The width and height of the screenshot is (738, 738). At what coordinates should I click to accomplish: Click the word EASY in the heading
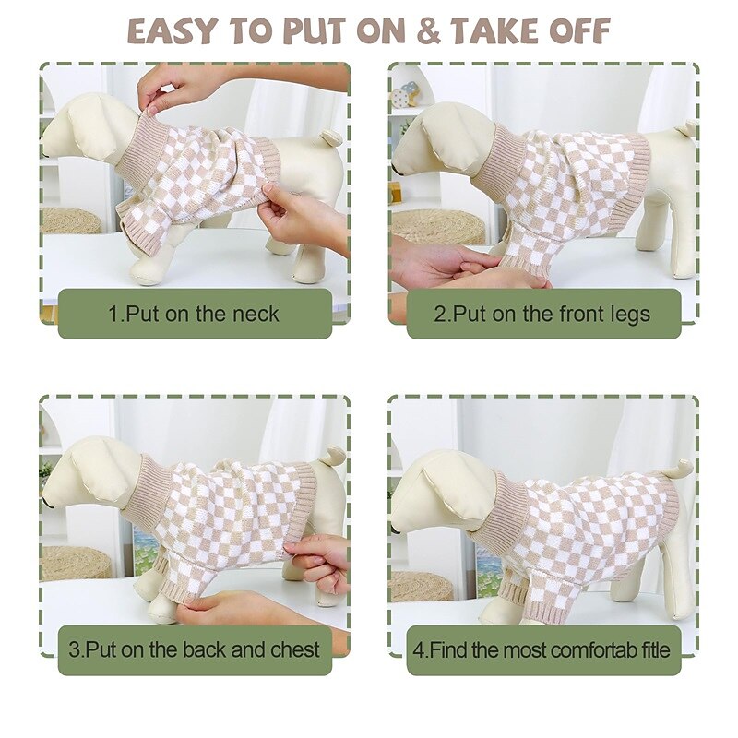pos(172,31)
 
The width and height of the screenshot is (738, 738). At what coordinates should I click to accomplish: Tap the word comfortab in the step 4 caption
pos(593,650)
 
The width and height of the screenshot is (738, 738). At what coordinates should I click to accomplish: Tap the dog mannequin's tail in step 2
pos(684,128)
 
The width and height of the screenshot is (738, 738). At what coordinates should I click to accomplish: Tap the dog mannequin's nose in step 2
pos(396,167)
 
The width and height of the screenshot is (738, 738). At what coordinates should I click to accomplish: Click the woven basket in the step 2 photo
pos(436,227)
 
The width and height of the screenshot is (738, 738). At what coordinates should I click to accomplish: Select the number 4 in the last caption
pos(418,650)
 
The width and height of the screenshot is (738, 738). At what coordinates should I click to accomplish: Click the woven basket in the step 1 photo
pos(72,220)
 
